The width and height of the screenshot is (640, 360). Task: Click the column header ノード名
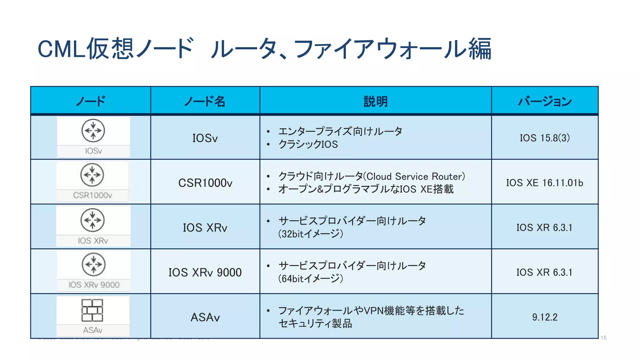[205, 101]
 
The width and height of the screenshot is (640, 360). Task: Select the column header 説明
[375, 101]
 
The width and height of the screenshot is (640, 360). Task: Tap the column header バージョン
[545, 101]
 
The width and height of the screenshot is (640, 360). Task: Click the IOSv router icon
[93, 131]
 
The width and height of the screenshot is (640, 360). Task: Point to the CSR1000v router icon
[92, 175]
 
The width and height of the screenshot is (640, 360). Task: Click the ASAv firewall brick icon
[92, 310]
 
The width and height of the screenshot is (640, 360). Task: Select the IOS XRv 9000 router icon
[93, 264]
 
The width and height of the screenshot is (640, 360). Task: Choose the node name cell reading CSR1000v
[205, 183]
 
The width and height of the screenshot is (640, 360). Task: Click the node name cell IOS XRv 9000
[205, 272]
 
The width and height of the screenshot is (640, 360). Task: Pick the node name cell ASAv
[205, 317]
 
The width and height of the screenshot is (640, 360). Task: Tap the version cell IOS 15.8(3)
[545, 138]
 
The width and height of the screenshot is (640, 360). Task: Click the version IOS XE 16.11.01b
[545, 183]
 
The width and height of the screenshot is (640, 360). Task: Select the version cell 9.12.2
[545, 317]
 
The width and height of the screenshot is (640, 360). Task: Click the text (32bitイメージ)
[311, 234]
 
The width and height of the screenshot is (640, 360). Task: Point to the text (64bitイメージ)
[311, 278]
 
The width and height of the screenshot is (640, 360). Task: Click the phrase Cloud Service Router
[414, 177]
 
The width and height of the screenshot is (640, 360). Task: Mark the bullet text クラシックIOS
[308, 144]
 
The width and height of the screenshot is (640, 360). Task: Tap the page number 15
[603, 338]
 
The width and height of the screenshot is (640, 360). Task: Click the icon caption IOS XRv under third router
[93, 241]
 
